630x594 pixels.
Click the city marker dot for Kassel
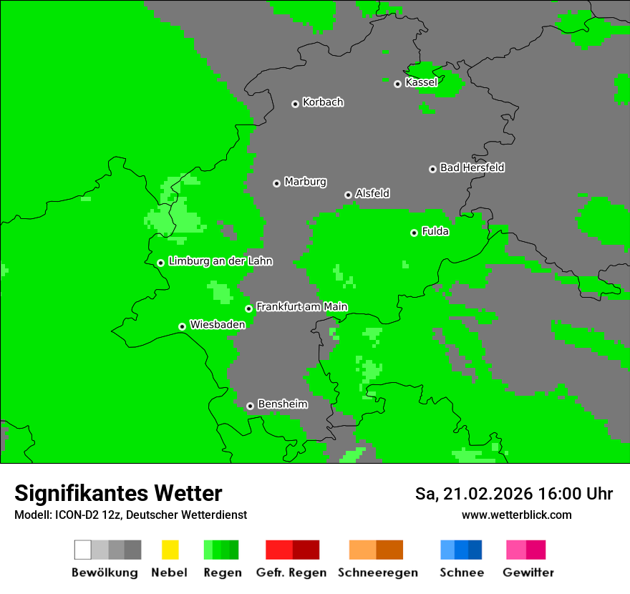click(398, 84)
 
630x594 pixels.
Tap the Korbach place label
click(323, 102)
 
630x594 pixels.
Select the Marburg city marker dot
click(276, 183)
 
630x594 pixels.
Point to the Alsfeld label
click(372, 193)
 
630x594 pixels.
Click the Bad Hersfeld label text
click(472, 167)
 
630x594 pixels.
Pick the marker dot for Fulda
click(414, 233)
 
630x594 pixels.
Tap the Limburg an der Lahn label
click(220, 261)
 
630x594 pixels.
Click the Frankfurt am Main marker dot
click(249, 308)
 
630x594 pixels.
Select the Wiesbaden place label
click(217, 324)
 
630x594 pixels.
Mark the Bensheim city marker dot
click(250, 406)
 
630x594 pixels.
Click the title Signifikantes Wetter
click(118, 494)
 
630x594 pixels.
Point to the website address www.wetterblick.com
click(516, 515)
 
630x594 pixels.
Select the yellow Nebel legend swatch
click(170, 550)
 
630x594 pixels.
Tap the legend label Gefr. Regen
click(291, 573)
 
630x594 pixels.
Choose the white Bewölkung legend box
click(83, 550)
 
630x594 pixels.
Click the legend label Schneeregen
click(377, 573)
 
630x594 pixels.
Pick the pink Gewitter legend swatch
click(516, 550)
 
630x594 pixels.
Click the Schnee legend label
click(461, 573)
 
